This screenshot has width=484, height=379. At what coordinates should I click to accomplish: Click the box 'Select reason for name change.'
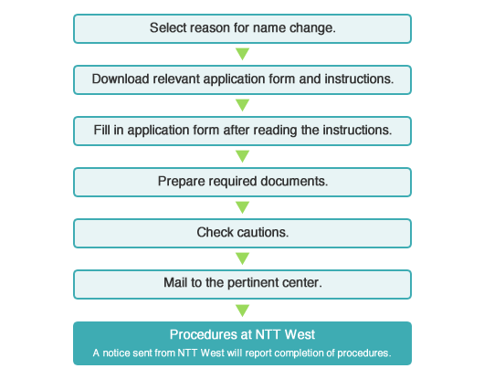point(242,28)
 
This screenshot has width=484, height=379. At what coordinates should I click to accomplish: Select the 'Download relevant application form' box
point(242,79)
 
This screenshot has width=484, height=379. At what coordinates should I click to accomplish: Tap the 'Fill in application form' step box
point(242,130)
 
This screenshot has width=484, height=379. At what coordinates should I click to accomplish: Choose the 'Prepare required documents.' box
point(242,181)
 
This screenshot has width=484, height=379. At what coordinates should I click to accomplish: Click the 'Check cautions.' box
point(242,232)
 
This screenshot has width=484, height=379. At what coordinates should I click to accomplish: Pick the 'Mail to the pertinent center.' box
point(242,283)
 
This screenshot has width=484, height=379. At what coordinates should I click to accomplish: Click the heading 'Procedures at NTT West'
point(242,335)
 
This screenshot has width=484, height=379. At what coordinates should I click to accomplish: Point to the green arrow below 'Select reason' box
point(242,54)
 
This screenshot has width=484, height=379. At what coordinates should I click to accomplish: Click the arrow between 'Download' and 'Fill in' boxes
point(242,105)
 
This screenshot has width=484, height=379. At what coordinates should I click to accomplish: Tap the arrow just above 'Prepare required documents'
point(242,156)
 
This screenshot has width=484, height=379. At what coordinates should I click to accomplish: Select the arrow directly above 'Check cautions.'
point(242,207)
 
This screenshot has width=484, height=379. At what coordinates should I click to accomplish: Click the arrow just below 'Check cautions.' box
point(242,258)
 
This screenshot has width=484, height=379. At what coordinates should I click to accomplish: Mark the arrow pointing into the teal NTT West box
point(242,309)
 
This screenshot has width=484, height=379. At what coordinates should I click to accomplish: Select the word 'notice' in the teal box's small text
point(116,353)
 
